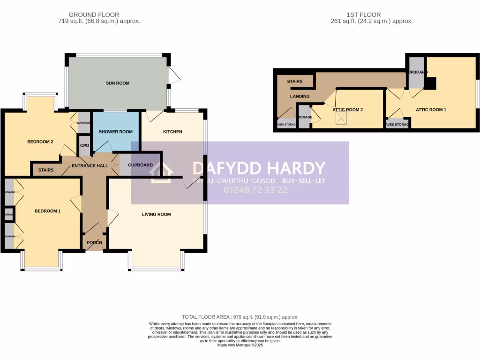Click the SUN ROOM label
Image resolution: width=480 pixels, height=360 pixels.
tap(117, 83)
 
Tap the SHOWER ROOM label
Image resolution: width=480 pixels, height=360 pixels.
tap(116, 132)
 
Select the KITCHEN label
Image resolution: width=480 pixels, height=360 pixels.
tap(172, 132)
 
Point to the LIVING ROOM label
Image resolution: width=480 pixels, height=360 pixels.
tap(157, 214)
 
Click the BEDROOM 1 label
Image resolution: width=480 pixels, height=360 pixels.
tap(47, 211)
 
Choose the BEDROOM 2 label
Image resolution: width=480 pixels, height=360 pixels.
tap(40, 142)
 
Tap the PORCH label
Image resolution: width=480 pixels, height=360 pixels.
tap(94, 242)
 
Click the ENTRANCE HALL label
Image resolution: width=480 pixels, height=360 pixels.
tap(90, 165)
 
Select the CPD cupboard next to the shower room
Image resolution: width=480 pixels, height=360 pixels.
tap(84, 145)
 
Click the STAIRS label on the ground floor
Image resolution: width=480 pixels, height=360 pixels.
tap(45, 170)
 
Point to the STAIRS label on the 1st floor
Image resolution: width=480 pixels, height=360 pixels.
tap(295, 81)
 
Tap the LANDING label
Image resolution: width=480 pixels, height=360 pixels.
tap(300, 96)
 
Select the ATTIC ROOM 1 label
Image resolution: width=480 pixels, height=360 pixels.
tap(431, 110)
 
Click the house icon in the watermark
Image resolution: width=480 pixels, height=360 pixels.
tap(160, 172)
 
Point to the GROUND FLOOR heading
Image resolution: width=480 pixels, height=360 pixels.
tap(94, 15)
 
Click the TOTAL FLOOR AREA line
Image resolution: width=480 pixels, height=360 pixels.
tap(240, 317)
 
